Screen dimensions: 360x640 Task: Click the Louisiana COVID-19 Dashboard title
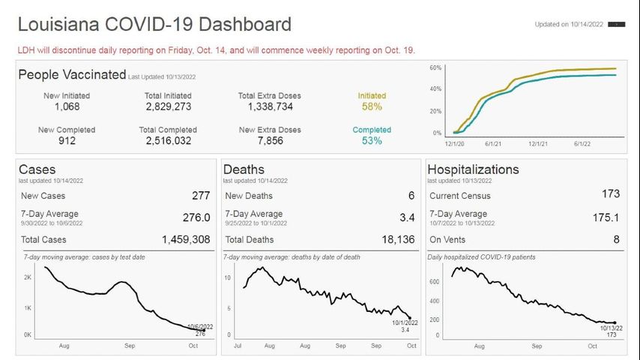154,25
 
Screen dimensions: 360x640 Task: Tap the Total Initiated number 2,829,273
168,107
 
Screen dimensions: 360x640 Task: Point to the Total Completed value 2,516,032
168,141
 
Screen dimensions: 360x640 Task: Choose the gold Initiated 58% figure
372,107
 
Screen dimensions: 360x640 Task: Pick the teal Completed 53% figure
372,141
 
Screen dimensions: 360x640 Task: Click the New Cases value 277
201,196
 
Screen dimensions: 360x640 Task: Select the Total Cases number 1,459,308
186,240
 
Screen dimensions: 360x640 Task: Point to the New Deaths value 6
411,196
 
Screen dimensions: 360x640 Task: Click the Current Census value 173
611,194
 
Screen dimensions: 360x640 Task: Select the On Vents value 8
616,240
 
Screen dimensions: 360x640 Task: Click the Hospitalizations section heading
473,169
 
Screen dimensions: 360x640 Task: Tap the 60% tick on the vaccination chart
435,68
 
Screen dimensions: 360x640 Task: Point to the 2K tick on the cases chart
27,277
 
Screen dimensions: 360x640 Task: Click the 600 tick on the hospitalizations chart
435,282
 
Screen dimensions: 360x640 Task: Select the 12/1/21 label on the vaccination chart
538,143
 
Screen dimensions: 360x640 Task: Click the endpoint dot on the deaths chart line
408,317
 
